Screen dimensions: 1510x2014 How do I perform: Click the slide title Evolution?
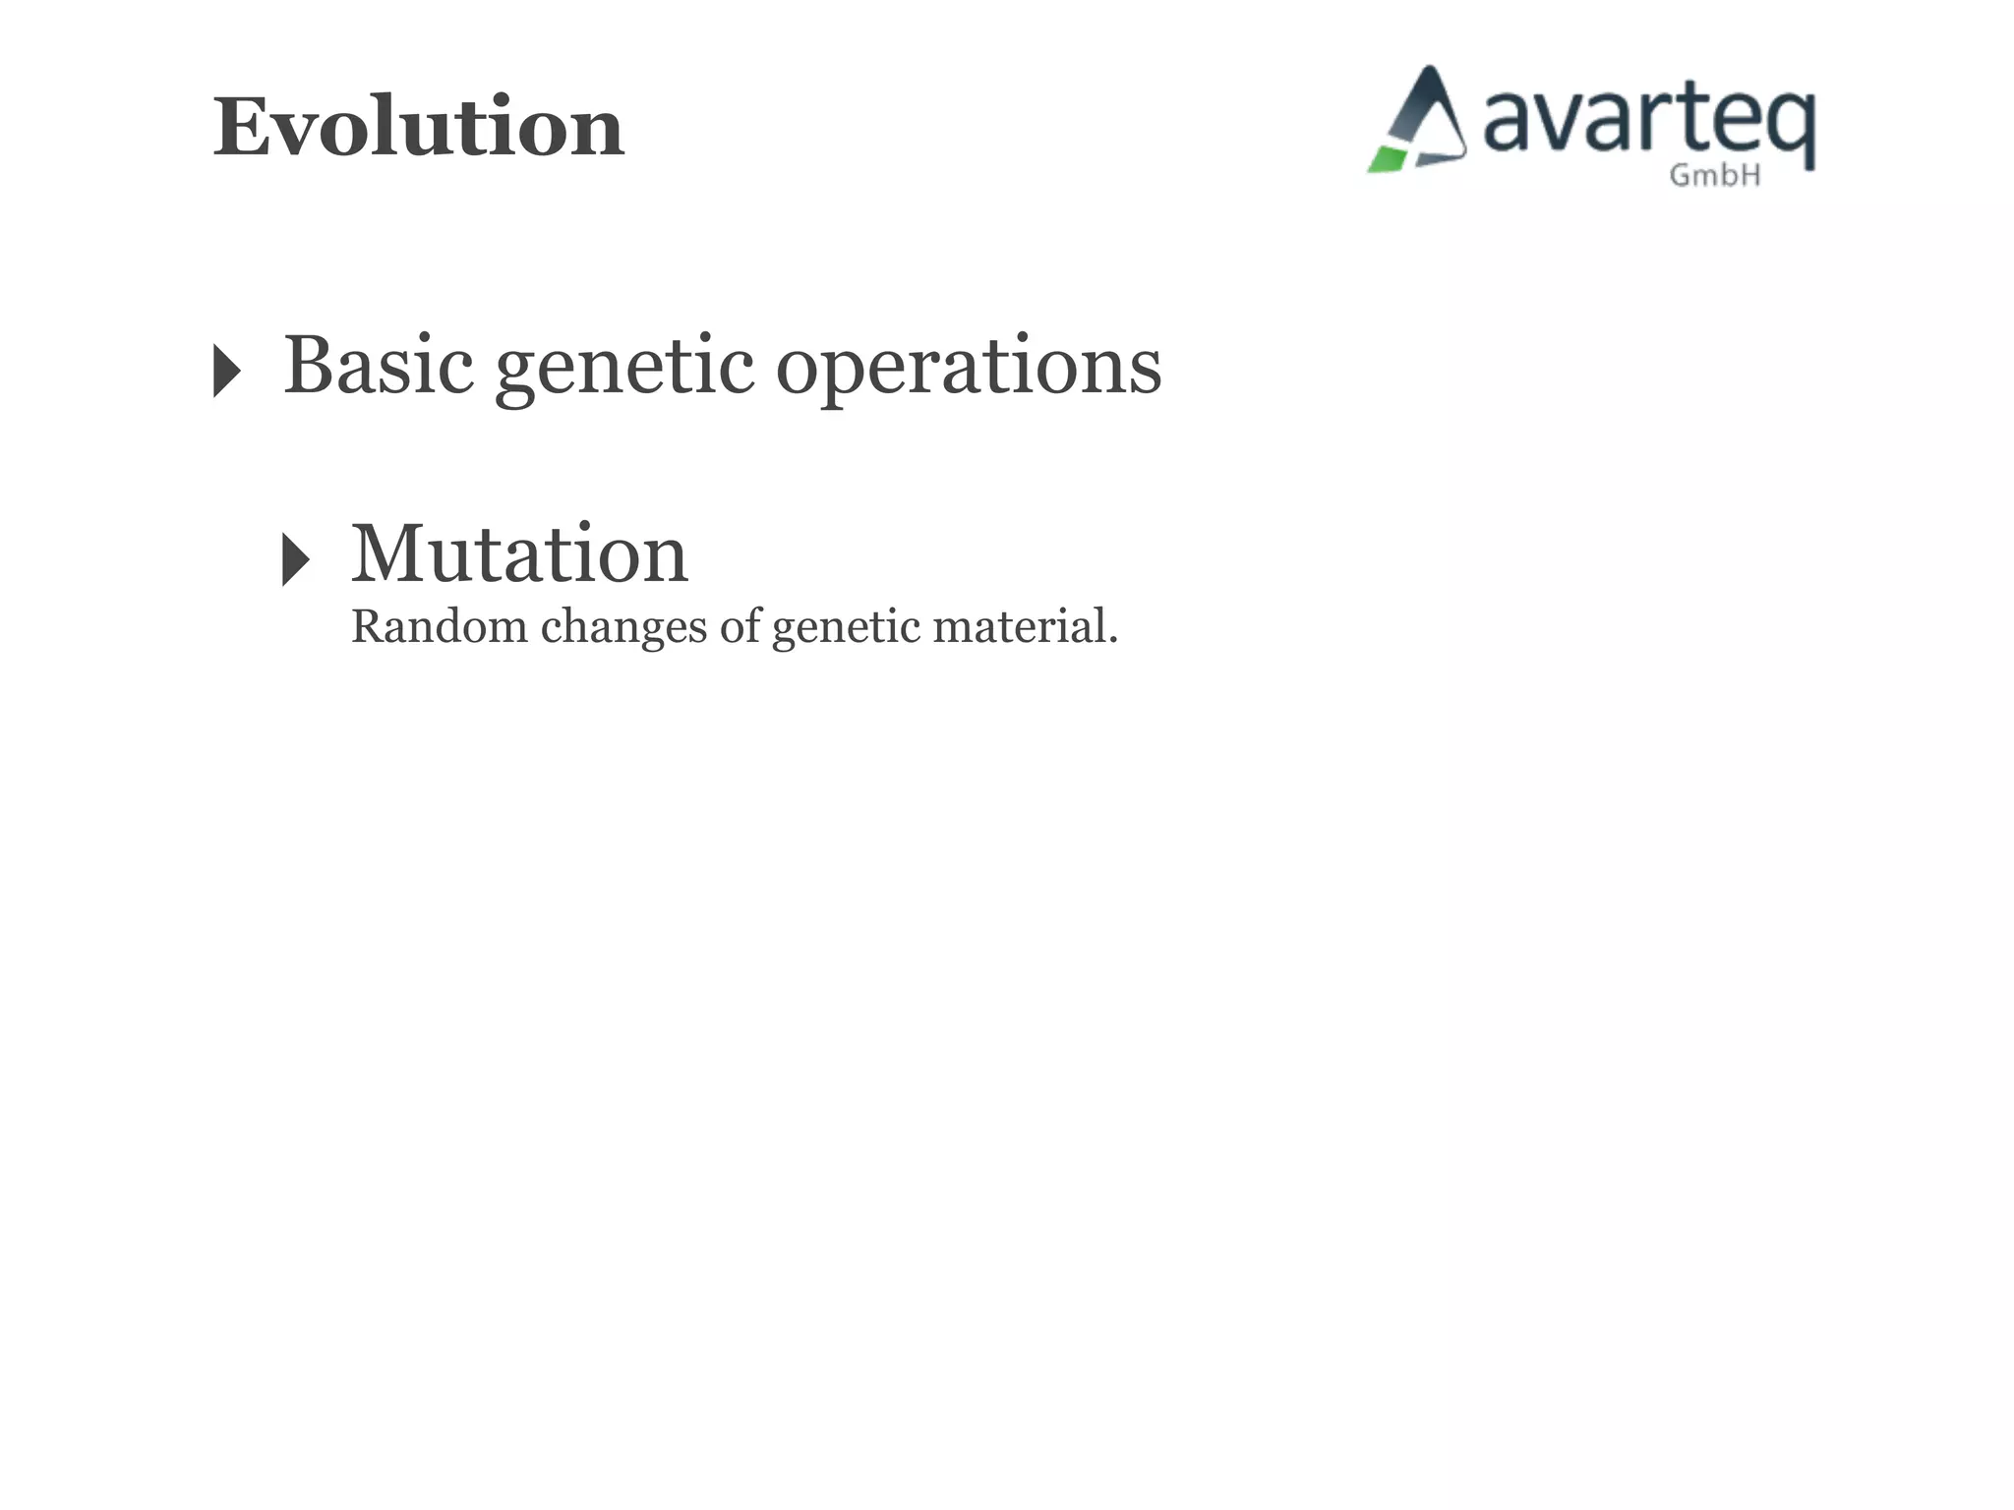(418, 128)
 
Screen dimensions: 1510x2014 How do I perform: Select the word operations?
(969, 368)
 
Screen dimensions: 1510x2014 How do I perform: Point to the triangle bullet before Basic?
(226, 371)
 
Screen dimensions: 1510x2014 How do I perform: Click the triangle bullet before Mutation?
(295, 559)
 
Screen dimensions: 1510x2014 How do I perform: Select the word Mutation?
(519, 554)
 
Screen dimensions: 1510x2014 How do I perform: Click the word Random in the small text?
(439, 627)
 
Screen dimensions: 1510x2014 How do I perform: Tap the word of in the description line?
(740, 627)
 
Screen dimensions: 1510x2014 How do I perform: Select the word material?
(1019, 627)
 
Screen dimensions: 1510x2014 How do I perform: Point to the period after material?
(1113, 641)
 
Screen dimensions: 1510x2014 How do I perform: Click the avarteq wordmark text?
(1647, 123)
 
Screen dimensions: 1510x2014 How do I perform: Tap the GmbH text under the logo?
(1715, 176)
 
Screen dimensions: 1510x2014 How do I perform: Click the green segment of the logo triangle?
(1387, 159)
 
